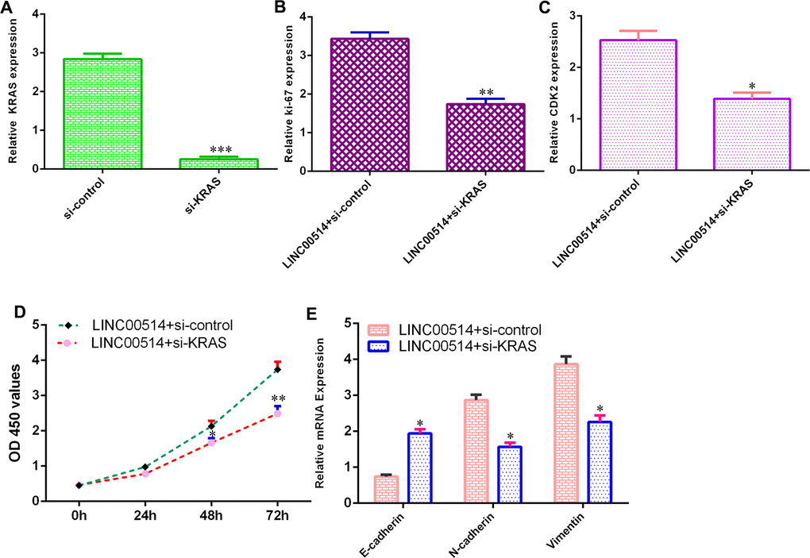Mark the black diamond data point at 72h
click(276, 369)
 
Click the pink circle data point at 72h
click(276, 413)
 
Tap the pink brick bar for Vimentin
click(565, 433)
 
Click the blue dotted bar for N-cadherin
click(508, 474)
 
